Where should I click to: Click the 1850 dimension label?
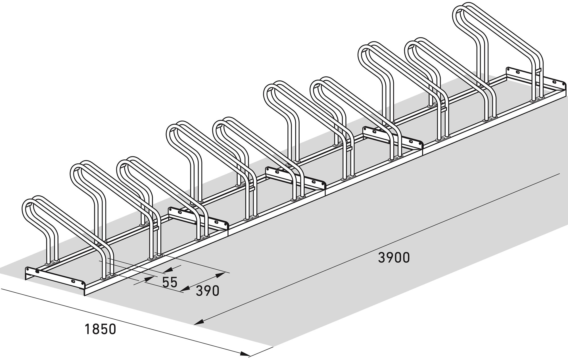click(x=101, y=329)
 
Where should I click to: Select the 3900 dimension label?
click(x=394, y=258)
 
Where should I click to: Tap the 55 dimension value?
click(x=170, y=282)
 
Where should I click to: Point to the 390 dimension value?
click(x=208, y=291)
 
